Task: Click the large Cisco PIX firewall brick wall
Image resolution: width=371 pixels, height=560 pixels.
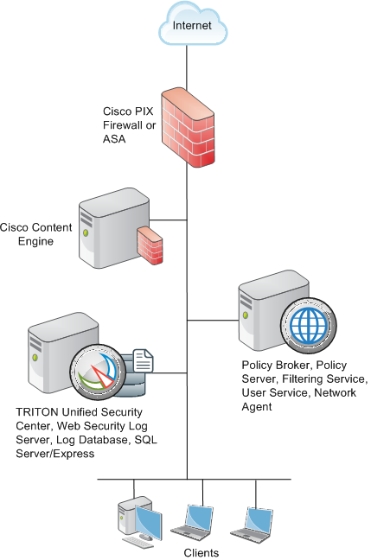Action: (x=188, y=128)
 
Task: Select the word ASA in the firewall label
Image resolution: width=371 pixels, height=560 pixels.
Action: (x=114, y=139)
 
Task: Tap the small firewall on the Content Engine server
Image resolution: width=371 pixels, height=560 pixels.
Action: (x=150, y=245)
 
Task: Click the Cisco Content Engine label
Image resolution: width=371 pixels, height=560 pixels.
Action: (x=35, y=234)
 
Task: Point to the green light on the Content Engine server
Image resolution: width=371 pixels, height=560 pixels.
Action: (x=86, y=232)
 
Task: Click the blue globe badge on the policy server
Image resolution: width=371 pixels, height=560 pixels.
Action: (x=309, y=325)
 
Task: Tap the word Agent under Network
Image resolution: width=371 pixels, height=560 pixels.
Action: (x=257, y=407)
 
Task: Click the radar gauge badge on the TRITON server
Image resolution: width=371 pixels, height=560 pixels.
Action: (x=98, y=372)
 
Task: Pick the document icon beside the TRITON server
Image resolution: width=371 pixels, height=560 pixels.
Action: (x=144, y=361)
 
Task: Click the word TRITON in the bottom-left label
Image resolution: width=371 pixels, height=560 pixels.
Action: (x=37, y=412)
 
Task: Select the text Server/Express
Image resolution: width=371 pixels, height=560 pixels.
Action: (x=55, y=454)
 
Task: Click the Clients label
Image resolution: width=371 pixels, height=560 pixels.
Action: (x=201, y=553)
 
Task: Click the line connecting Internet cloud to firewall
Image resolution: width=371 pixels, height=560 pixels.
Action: (x=187, y=68)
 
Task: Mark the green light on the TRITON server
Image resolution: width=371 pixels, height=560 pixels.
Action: (x=35, y=357)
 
